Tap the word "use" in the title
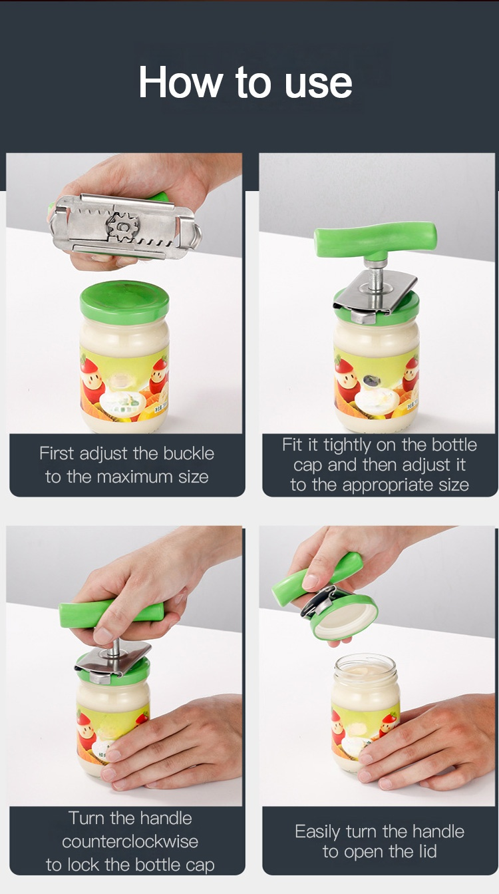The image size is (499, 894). tap(319, 85)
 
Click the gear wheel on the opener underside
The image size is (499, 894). tap(124, 228)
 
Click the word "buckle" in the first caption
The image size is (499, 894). tap(189, 453)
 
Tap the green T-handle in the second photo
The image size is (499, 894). tap(375, 241)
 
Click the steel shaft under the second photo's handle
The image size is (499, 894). tap(375, 276)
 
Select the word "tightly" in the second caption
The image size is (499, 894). tap(347, 445)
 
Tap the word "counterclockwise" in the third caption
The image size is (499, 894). tap(130, 841)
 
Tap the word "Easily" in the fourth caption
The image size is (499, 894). tap(317, 832)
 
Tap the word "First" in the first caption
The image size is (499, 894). tap(57, 453)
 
